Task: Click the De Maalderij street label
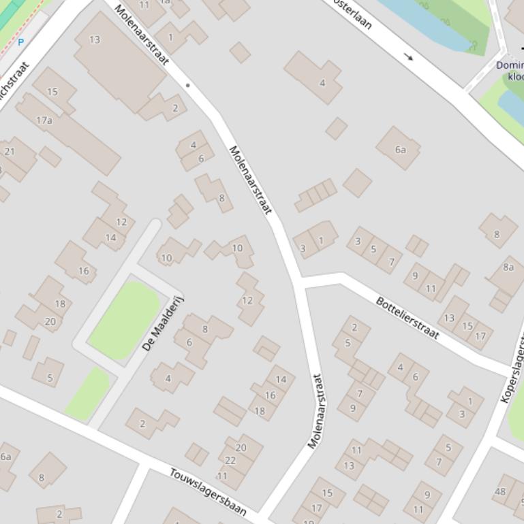(164, 324)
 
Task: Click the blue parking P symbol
(20, 42)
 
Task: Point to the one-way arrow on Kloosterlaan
(409, 57)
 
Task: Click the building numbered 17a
(44, 120)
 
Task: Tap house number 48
(501, 491)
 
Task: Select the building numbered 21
(10, 152)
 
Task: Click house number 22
(230, 461)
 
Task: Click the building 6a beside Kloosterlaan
(400, 150)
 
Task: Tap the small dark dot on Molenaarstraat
(187, 85)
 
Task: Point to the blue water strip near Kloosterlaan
(429, 24)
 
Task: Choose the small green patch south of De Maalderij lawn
(88, 393)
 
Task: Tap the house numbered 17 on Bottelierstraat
(480, 335)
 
